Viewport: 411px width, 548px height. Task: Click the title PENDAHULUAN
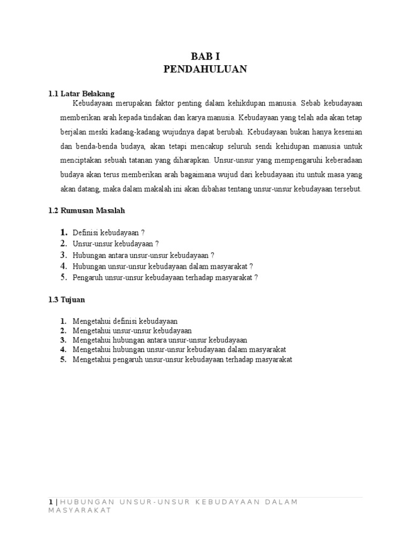[x=205, y=70]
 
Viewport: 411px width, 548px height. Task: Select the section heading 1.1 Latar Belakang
[x=81, y=94]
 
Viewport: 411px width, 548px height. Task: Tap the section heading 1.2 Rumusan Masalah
[x=86, y=211]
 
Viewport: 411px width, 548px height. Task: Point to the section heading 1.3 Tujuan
[x=67, y=300]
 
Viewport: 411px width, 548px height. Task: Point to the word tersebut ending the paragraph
[x=346, y=189]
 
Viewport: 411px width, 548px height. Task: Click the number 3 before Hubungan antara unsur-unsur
[x=63, y=255]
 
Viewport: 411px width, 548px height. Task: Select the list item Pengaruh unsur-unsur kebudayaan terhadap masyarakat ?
[x=165, y=278]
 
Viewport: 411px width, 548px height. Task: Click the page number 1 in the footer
[x=50, y=501]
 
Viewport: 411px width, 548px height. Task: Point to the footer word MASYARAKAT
[x=79, y=511]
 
